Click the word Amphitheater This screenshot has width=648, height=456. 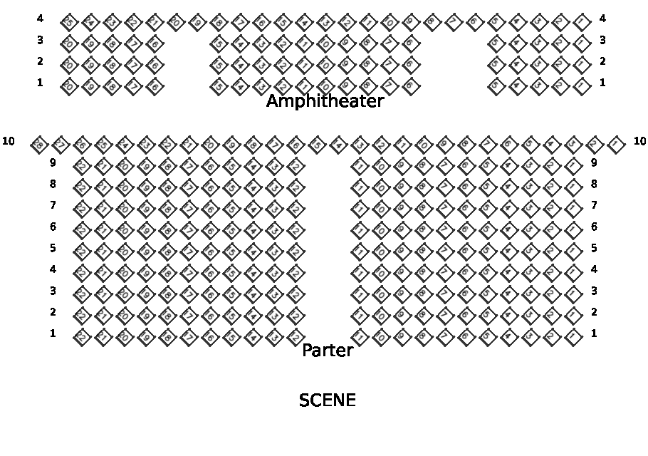325,102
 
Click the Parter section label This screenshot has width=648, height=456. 328,351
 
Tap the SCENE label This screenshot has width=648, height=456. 327,400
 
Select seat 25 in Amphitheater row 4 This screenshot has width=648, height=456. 69,21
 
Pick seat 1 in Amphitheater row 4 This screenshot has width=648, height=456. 582,21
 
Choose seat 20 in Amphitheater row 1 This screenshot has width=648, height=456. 69,86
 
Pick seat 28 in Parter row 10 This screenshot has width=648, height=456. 40,145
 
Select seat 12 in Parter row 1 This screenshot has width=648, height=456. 293,336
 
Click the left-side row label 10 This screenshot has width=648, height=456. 9,141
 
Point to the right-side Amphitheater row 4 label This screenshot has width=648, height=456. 602,19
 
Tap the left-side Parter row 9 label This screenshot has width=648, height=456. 53,162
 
